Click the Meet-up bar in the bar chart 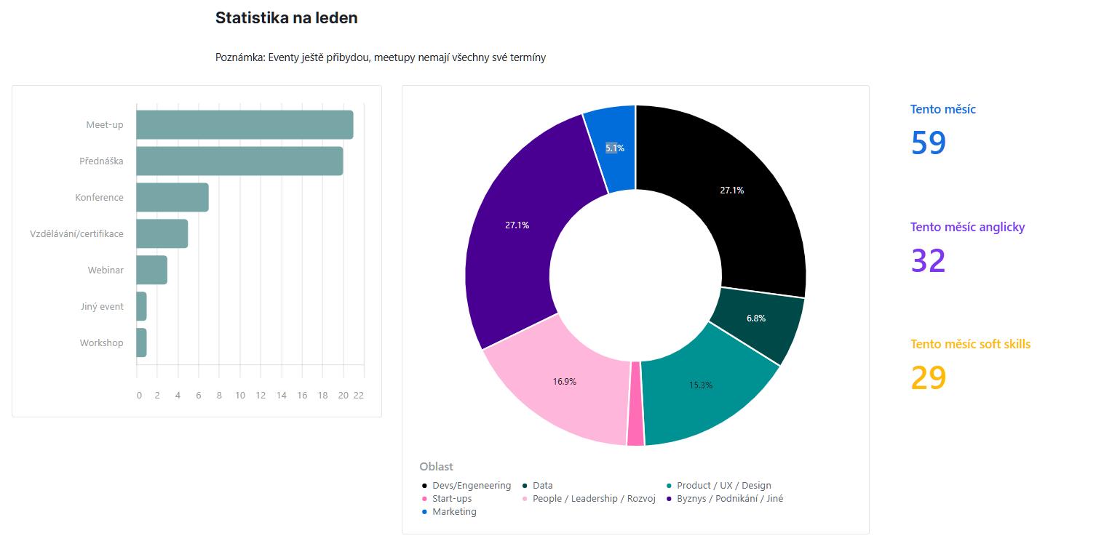pos(245,124)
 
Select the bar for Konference pos(172,197)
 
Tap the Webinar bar pos(151,270)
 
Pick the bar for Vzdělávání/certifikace pos(162,233)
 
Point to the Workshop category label pos(101,342)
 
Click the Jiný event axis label pos(102,306)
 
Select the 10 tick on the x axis pos(240,395)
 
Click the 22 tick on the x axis pos(358,395)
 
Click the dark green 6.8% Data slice pos(757,320)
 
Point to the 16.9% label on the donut pos(564,381)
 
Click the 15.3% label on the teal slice pos(701,385)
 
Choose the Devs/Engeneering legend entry pos(471,485)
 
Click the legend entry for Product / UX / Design pos(723,485)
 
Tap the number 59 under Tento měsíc pos(928,143)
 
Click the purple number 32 pos(928,260)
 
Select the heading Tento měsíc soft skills pos(970,344)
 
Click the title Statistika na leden pos(286,18)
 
